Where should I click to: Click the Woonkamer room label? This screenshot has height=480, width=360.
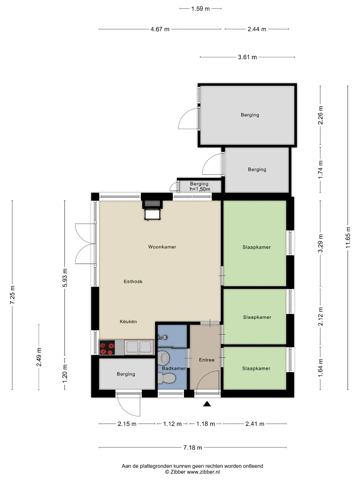click(162, 247)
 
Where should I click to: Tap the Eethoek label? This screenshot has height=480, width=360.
click(133, 281)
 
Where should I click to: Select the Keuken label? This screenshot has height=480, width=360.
click(128, 321)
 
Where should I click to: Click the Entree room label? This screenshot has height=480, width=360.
click(207, 360)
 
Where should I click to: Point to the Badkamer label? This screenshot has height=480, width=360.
click(174, 368)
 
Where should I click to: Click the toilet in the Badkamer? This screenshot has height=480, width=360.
click(166, 378)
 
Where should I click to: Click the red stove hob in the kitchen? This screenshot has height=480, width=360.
click(107, 348)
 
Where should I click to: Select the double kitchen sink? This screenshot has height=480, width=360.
click(139, 347)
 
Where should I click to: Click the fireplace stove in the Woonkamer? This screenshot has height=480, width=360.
click(152, 210)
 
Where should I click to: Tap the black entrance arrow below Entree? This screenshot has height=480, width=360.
click(207, 404)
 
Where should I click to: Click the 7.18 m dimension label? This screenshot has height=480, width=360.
click(192, 448)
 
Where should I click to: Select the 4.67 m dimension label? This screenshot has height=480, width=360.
click(160, 29)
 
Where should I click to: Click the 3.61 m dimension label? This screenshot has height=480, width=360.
click(248, 57)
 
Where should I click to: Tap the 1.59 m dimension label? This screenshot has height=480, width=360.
click(200, 8)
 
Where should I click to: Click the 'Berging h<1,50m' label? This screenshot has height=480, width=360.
click(200, 186)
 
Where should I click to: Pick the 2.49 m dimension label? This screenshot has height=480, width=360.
click(39, 357)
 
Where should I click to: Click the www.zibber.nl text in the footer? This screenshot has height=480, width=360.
click(203, 472)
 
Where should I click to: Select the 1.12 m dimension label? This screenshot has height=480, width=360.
click(172, 424)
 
